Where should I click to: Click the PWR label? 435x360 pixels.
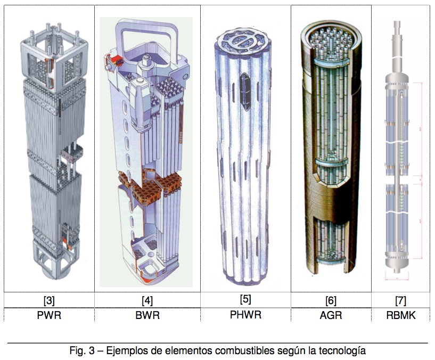tap(50, 315)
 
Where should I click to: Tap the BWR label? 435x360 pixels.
tap(147, 315)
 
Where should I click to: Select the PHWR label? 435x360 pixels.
tap(245, 314)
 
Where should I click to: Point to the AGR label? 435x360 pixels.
tap(331, 315)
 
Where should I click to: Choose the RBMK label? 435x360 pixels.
tap(401, 315)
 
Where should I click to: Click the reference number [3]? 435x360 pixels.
tap(50, 300)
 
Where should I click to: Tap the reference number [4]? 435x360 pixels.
tap(147, 300)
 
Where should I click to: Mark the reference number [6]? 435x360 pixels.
tap(331, 300)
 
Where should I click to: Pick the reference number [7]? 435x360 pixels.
tap(401, 300)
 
